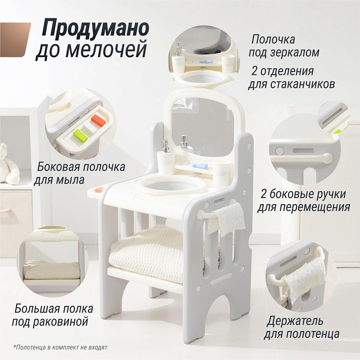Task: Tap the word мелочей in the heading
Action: pos(107,49)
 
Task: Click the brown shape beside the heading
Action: pos(15,40)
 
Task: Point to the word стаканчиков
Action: pos(302,85)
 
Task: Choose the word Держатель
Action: pos(295,321)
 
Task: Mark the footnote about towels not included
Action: pos(60,347)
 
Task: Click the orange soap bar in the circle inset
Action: pos(99,121)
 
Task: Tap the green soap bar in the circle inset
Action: pos(81,135)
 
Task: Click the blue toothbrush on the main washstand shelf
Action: pos(199,166)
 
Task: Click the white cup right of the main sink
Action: pos(222,174)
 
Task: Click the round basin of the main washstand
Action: pos(171,185)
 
